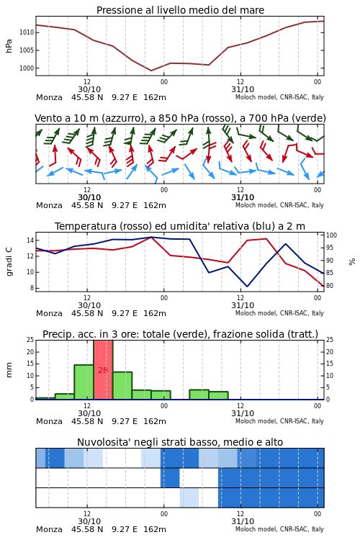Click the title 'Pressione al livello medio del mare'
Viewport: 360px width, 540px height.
tap(180, 10)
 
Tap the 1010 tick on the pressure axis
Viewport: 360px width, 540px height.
tap(27, 32)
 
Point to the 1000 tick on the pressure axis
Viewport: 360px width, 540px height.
tap(27, 68)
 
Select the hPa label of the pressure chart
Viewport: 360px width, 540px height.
tap(9, 46)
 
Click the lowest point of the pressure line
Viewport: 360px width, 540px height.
tap(151, 71)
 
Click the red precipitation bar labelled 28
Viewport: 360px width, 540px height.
tap(103, 370)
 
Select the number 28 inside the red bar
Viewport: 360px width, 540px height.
tap(103, 370)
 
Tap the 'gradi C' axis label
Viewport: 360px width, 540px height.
tap(9, 262)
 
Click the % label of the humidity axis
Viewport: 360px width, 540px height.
tap(352, 262)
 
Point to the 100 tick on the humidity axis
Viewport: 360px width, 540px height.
tap(331, 235)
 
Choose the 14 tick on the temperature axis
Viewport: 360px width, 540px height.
tap(30, 240)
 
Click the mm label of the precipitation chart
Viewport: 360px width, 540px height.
tap(9, 370)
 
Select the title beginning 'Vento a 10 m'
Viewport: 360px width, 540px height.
tap(180, 118)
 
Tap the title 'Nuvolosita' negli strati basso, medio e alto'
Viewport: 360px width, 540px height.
tap(180, 442)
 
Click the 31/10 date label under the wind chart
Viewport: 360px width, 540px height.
tap(243, 197)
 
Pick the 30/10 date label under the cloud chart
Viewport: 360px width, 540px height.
tap(89, 521)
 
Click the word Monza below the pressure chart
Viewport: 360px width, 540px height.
tap(49, 97)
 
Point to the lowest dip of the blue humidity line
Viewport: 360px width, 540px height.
tap(247, 286)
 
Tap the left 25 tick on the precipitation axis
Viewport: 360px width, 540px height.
tap(30, 340)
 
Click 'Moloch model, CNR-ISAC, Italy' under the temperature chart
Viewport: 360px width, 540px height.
tap(279, 313)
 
